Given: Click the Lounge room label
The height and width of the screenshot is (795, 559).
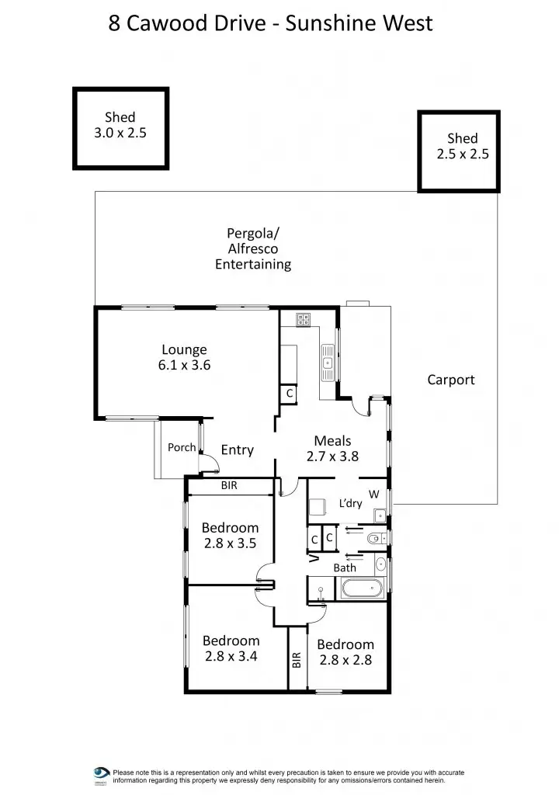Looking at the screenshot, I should pyautogui.click(x=184, y=349).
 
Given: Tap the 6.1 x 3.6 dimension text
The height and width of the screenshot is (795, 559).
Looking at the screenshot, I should pyautogui.click(x=184, y=365).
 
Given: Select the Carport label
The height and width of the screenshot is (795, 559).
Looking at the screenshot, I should pyautogui.click(x=450, y=380).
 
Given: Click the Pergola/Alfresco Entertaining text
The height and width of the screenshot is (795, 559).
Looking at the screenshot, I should pyautogui.click(x=253, y=248).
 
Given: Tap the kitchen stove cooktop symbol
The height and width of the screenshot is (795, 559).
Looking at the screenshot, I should pyautogui.click(x=303, y=318).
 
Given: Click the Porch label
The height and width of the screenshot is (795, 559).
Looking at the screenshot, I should pyautogui.click(x=182, y=447).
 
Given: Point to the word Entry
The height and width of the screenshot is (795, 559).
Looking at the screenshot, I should pyautogui.click(x=238, y=450).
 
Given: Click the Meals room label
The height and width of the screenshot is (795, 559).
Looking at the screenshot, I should pyautogui.click(x=332, y=441).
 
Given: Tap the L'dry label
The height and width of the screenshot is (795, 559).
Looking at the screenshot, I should pyautogui.click(x=350, y=503).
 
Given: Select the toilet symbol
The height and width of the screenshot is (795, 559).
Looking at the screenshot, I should pyautogui.click(x=375, y=537).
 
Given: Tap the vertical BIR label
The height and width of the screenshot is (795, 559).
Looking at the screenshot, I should pyautogui.click(x=297, y=660).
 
